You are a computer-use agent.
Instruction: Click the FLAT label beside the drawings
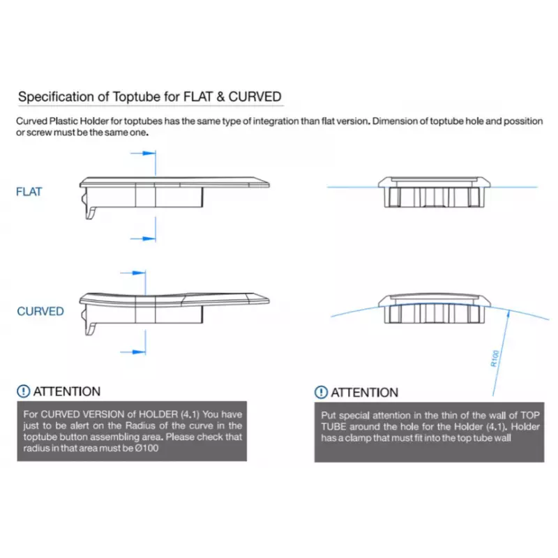29,192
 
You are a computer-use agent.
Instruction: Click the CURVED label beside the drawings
40,311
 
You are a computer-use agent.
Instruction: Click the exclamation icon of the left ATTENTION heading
24,391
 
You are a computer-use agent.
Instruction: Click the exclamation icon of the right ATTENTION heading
321,392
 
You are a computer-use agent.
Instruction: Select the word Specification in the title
52,96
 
